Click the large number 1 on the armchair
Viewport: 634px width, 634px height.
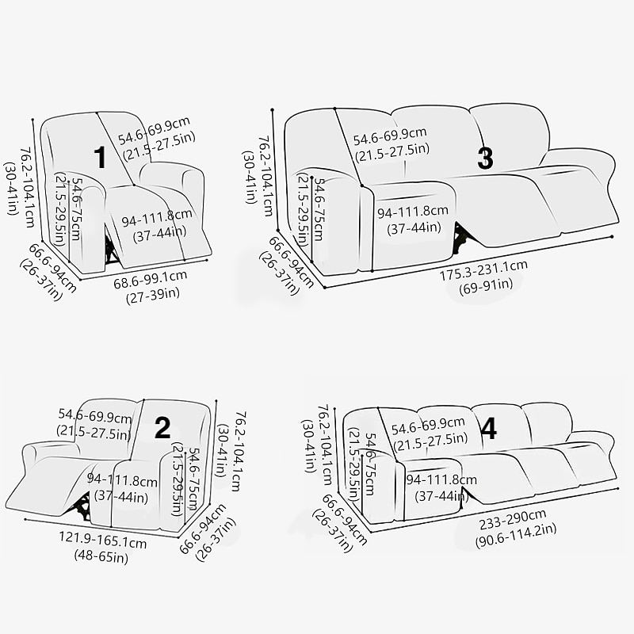tap(100, 157)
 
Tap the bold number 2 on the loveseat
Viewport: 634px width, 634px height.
tap(162, 428)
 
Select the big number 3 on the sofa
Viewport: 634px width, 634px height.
tap(485, 158)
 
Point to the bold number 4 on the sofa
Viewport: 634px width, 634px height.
tap(489, 429)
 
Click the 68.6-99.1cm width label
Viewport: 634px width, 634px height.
tap(151, 279)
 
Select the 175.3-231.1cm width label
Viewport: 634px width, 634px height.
tap(483, 269)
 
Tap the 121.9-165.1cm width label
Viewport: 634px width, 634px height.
tap(103, 540)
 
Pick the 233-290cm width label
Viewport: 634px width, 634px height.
tap(513, 519)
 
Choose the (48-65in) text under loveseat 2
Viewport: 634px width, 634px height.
tap(101, 556)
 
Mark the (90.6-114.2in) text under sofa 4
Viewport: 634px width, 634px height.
tap(516, 536)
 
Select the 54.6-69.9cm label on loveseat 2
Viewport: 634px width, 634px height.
tap(95, 415)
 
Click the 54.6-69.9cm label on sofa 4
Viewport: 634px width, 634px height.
tap(428, 425)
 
